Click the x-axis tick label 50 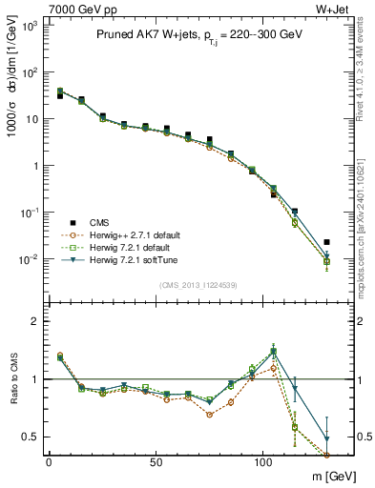pos(156,460)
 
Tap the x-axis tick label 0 pos(49,460)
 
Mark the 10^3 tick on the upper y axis pos(30,26)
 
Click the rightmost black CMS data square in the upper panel pos(327,242)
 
